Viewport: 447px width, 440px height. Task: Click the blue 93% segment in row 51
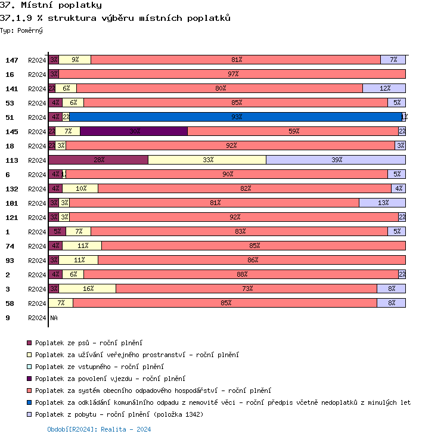236,117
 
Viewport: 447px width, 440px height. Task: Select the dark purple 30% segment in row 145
134,131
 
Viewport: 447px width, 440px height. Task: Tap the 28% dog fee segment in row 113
98,160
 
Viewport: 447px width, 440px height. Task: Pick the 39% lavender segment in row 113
336,160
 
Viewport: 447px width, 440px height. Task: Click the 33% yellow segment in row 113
207,160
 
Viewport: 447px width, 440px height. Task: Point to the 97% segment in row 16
232,74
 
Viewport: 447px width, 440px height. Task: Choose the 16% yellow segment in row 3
88,289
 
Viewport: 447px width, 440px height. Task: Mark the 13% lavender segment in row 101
383,203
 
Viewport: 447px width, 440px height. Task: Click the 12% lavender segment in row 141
384,88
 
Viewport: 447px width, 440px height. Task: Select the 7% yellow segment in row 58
61,303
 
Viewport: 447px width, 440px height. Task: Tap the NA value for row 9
54,318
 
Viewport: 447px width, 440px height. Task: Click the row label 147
12,60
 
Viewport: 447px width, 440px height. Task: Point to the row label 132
12,189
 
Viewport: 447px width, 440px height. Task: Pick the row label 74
10,246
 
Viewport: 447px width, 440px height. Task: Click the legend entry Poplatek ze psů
89,343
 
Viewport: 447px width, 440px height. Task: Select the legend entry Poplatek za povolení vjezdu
110,379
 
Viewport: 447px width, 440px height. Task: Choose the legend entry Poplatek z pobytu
119,414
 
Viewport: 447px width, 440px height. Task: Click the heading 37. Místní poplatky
51,6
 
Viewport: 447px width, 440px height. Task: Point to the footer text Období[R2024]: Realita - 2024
99,429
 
